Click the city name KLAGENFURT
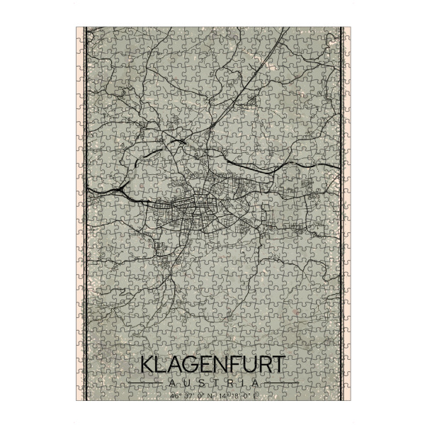[x=212, y=365]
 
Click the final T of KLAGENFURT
[x=278, y=365]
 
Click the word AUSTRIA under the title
[x=212, y=383]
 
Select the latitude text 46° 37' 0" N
[x=187, y=396]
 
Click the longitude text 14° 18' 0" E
[x=238, y=396]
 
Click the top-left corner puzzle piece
[x=82, y=33]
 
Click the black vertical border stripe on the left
[x=85, y=212]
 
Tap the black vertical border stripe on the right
[x=341, y=212]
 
